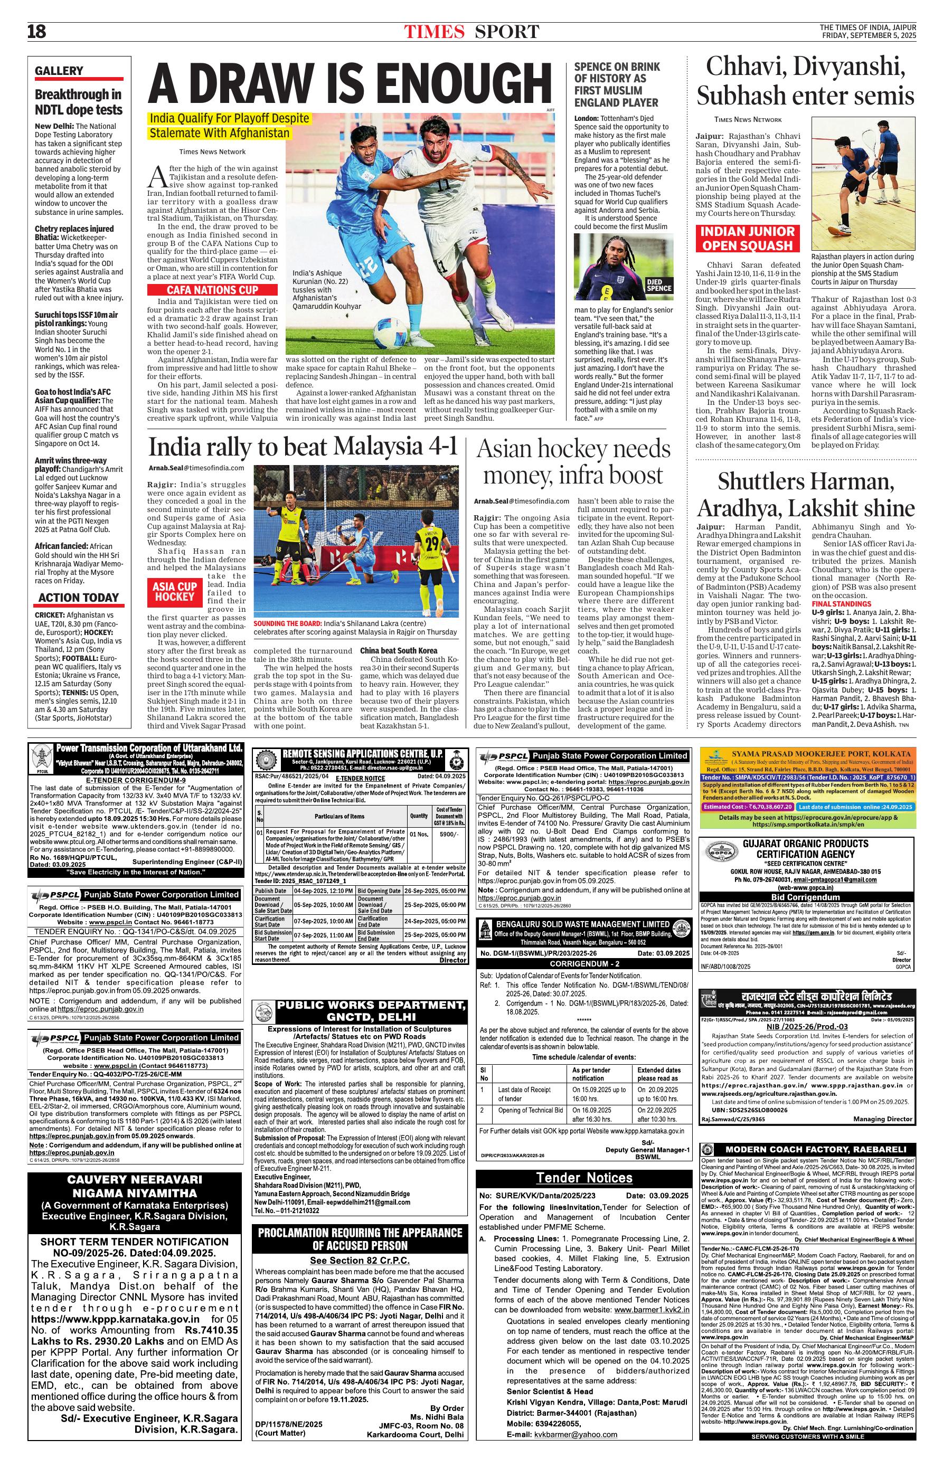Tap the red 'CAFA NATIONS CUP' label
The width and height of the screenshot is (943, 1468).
(x=212, y=290)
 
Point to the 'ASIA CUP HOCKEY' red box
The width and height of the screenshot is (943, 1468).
(x=175, y=591)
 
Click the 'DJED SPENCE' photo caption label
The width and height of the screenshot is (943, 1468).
(x=659, y=285)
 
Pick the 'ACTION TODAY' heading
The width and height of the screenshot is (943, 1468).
(x=78, y=598)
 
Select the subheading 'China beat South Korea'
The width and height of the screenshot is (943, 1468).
(x=399, y=650)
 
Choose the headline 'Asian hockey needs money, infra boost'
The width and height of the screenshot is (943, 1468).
(x=573, y=461)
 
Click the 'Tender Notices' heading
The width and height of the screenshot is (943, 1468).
(x=583, y=1177)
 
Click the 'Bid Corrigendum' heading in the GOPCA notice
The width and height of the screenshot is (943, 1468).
(x=808, y=896)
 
